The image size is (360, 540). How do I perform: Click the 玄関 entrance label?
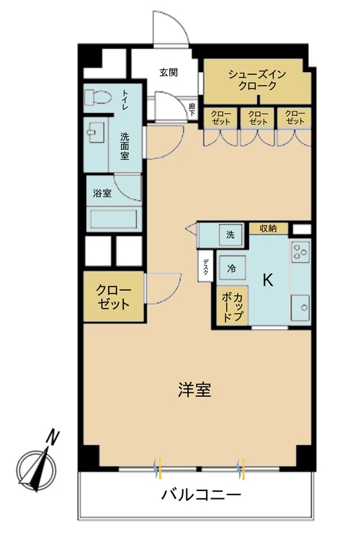coord(168,72)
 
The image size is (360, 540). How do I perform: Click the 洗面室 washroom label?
coord(125,146)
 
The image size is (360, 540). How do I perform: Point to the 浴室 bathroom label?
coord(102,193)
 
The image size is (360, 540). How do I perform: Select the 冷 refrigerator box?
coord(232,267)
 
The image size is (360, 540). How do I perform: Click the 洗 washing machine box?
coord(230,235)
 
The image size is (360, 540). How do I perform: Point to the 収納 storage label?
coord(268,229)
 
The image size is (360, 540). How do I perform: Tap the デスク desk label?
coord(206,268)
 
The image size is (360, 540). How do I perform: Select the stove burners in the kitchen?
coord(300,253)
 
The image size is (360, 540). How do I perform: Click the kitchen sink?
coord(300,308)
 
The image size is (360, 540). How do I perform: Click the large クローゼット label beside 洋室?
coord(114,297)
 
